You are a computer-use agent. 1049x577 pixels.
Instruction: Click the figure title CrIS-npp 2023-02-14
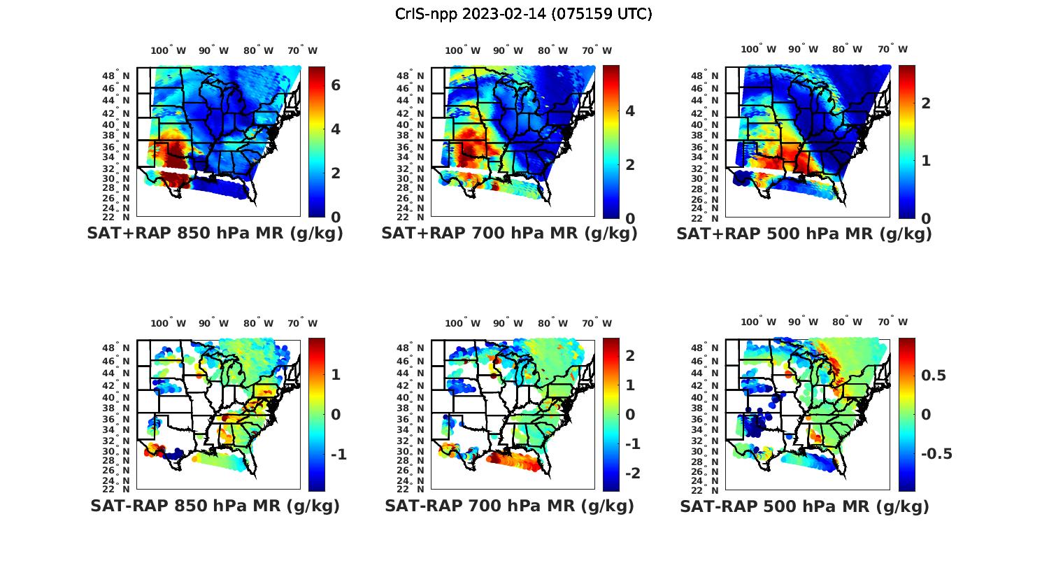point(524,14)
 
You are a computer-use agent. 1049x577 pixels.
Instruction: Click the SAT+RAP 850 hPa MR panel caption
point(215,234)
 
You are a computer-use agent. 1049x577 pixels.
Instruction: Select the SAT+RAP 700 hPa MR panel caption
point(509,234)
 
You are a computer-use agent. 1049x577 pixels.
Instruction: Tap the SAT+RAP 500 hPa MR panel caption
point(804,234)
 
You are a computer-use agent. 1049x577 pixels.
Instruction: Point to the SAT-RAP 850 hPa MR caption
point(215,506)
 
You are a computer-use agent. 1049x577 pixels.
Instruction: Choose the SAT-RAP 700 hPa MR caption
point(509,506)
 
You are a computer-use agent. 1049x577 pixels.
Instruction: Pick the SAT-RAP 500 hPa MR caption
point(804,506)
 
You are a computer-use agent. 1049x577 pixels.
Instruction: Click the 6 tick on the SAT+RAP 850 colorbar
point(336,85)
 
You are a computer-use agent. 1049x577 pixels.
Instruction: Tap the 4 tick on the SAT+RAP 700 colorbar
point(629,111)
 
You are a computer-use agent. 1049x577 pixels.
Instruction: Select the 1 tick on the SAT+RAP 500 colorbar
point(925,160)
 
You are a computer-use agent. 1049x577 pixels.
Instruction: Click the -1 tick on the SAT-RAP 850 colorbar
point(338,455)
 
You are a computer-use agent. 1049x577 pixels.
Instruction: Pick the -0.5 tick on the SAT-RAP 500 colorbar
point(936,454)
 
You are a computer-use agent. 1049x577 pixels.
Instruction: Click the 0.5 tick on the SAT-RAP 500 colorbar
point(934,376)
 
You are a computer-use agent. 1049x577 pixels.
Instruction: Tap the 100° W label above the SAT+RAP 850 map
point(168,50)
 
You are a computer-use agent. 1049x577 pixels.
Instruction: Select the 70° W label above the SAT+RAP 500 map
point(893,49)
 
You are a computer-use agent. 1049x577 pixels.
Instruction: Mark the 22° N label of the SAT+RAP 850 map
point(116,218)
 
